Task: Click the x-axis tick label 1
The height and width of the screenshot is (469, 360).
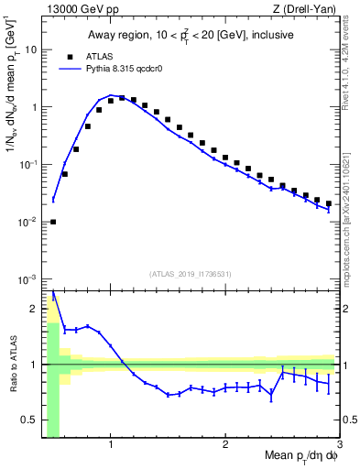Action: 110,446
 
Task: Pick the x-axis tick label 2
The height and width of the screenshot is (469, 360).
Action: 224,446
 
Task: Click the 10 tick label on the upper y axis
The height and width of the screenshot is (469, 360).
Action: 30,49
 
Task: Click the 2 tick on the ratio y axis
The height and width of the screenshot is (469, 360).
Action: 34,308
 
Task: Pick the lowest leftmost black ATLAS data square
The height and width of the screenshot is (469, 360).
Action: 53,222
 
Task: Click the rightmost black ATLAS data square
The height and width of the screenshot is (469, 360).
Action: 329,203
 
